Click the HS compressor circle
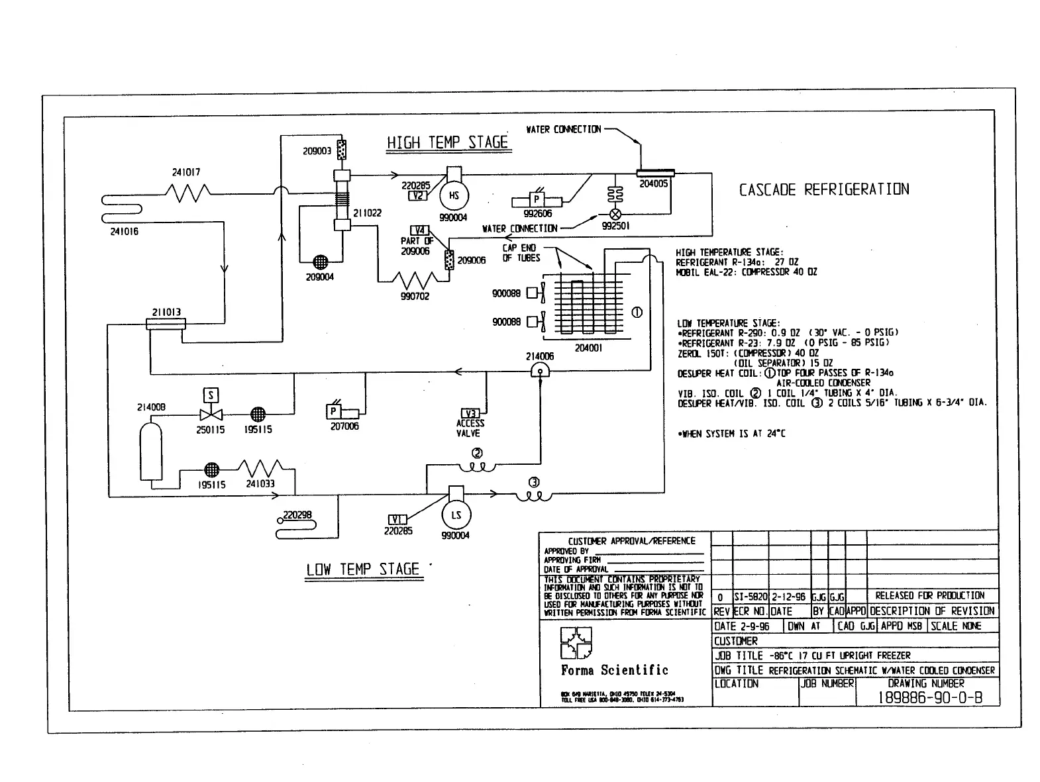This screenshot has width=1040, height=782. tap(454, 196)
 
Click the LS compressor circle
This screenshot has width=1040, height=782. tap(456, 515)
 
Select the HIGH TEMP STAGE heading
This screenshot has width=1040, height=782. tap(447, 142)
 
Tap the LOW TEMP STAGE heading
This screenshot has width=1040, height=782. tap(363, 569)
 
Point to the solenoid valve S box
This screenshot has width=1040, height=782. tap(211, 396)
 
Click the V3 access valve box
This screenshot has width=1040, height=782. tap(470, 414)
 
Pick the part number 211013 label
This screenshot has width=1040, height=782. tap(166, 313)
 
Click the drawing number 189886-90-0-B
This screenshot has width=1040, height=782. tap(930, 697)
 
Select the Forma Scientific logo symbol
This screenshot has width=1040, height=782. tap(576, 644)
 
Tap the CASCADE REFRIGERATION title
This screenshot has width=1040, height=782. tap(823, 190)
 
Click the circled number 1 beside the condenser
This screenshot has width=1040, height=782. tap(637, 313)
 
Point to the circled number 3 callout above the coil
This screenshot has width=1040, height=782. tap(533, 482)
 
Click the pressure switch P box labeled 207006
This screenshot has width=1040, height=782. tap(334, 412)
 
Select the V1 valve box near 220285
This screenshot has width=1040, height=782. tap(397, 520)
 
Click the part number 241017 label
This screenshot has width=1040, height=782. tap(186, 172)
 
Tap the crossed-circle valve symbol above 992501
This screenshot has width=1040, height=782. tap(615, 214)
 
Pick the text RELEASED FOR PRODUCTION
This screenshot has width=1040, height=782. tap(929, 596)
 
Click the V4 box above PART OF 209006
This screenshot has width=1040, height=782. tap(421, 231)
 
